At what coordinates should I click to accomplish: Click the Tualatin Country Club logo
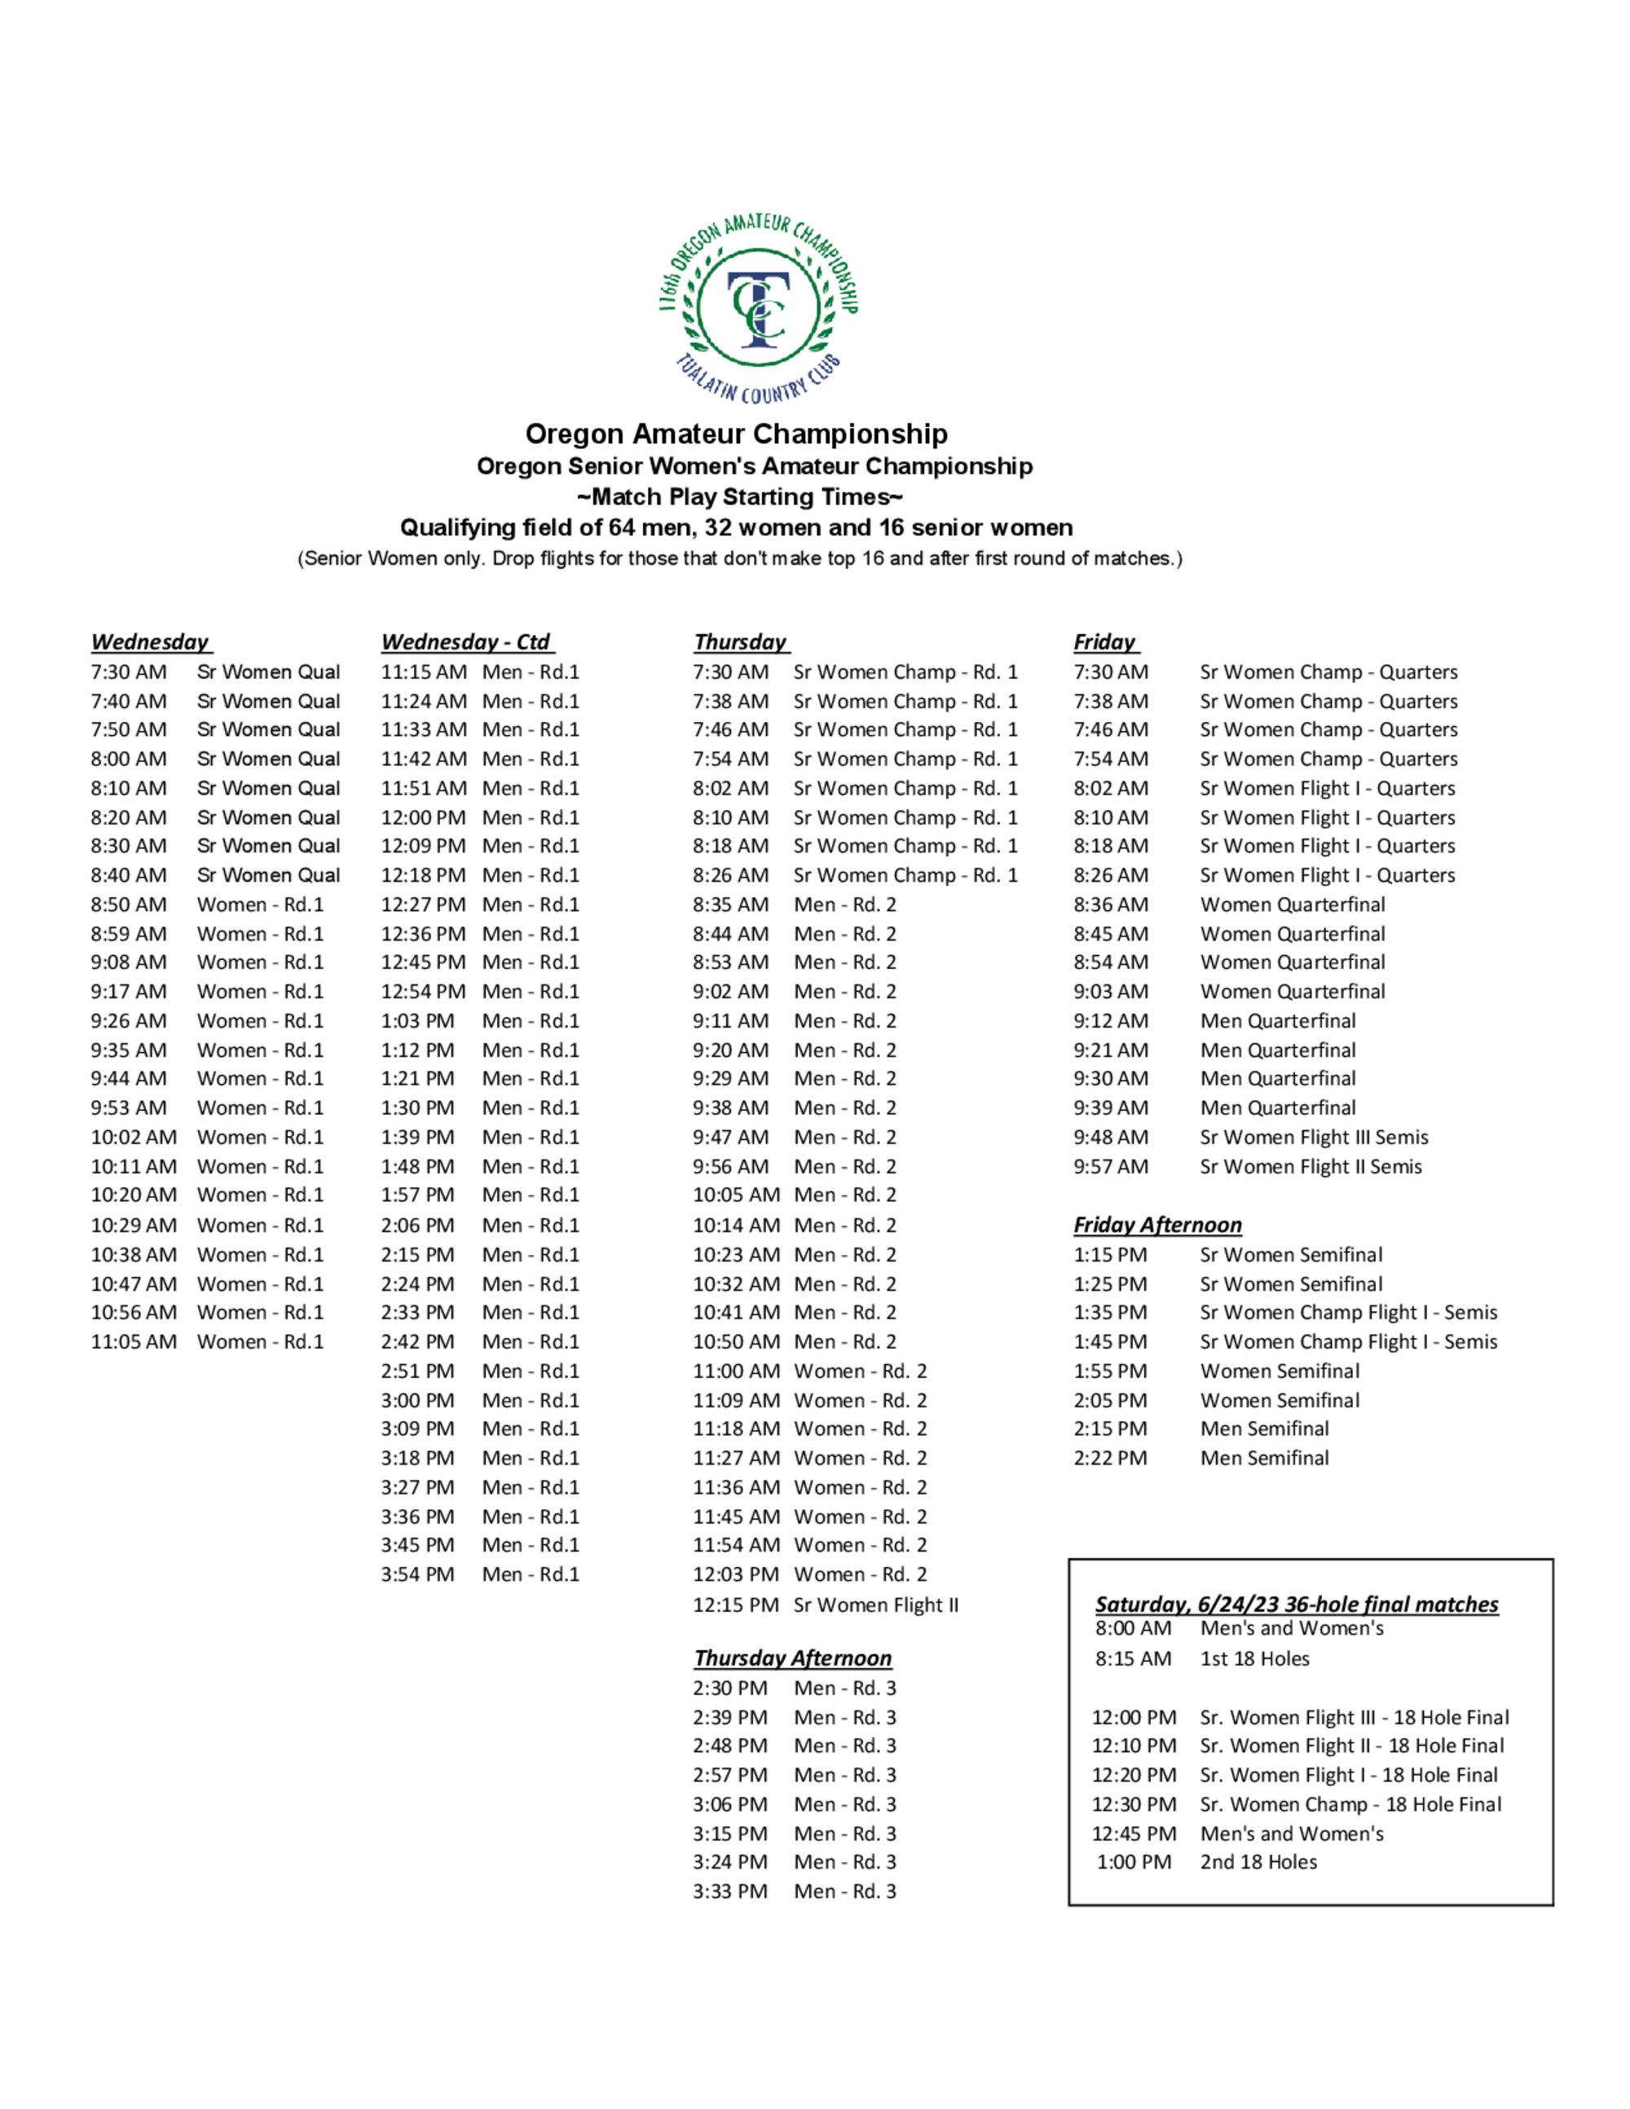pyautogui.click(x=758, y=308)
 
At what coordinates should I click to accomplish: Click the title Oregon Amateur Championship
pyautogui.click(x=736, y=434)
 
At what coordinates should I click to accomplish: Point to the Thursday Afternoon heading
pyautogui.click(x=792, y=1658)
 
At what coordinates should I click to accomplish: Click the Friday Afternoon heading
pyautogui.click(x=1156, y=1225)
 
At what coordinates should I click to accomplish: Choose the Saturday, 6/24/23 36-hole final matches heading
pyautogui.click(x=1296, y=1604)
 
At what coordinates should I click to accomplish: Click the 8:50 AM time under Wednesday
pyautogui.click(x=129, y=905)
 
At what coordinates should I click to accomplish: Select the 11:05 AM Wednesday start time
pyautogui.click(x=134, y=1341)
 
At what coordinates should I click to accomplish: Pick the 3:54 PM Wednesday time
pyautogui.click(x=417, y=1574)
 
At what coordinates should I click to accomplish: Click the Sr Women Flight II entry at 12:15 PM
pyautogui.click(x=876, y=1605)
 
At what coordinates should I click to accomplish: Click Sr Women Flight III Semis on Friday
pyautogui.click(x=1313, y=1137)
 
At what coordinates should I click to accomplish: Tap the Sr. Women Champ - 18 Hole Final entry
pyautogui.click(x=1350, y=1804)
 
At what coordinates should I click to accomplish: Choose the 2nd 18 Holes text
pyautogui.click(x=1258, y=1862)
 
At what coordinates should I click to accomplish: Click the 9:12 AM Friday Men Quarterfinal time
pyautogui.click(x=1111, y=1021)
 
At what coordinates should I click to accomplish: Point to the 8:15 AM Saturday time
pyautogui.click(x=1133, y=1658)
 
